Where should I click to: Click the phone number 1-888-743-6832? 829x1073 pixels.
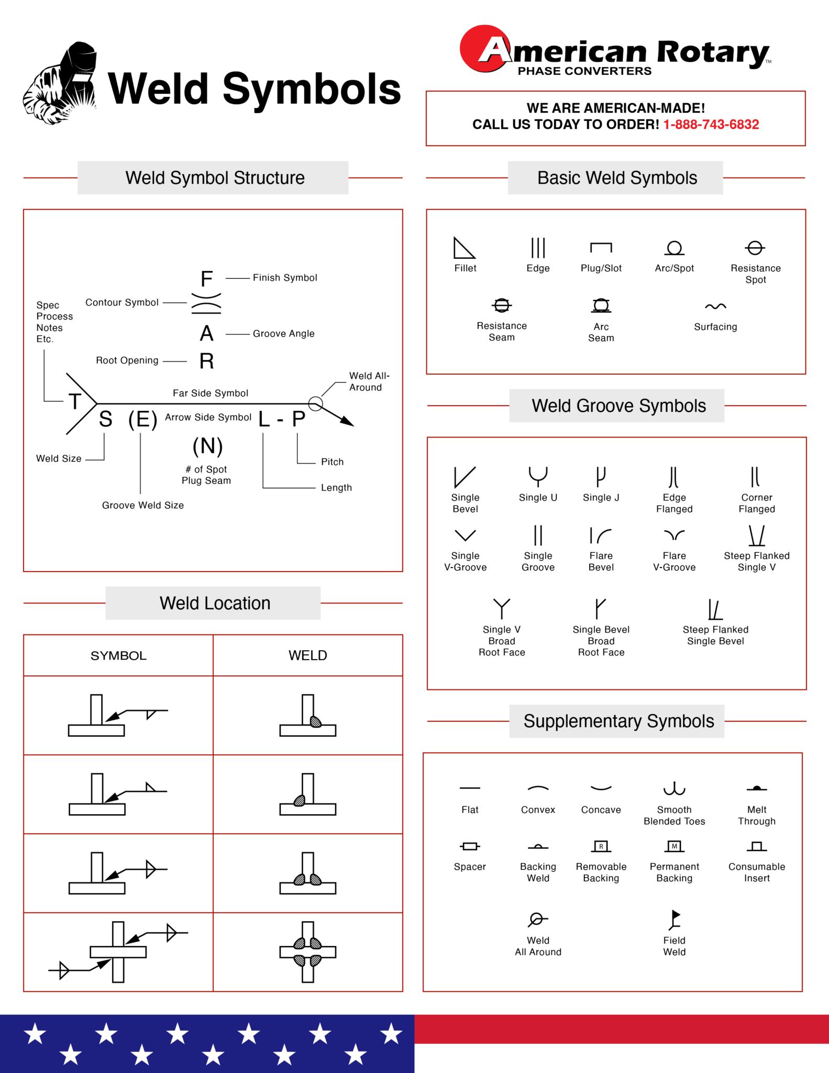[711, 125]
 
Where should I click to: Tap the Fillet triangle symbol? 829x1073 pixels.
[463, 249]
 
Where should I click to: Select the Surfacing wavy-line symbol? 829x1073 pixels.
[715, 306]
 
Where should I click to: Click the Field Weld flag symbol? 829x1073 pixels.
[675, 919]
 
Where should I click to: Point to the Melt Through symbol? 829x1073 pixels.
[757, 789]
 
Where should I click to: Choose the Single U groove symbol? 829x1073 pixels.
[538, 476]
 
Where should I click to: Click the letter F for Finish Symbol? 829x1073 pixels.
[207, 279]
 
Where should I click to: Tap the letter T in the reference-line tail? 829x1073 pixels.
[75, 402]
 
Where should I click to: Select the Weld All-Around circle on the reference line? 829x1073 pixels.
[315, 403]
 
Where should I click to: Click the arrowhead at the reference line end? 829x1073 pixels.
[347, 421]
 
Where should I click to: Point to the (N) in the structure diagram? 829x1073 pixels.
[207, 446]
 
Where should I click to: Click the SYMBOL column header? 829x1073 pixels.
[118, 656]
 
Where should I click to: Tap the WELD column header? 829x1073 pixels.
[308, 656]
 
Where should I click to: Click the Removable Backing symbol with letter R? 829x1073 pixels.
[601, 846]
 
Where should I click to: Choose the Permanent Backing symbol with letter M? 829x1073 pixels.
[675, 846]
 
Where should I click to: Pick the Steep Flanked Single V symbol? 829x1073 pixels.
[757, 536]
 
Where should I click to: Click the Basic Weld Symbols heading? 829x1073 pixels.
[617, 178]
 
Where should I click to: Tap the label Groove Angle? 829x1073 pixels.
[283, 334]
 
